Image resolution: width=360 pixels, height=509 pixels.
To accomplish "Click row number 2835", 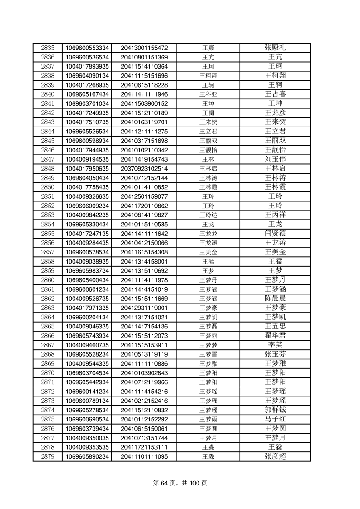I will [x=47, y=48].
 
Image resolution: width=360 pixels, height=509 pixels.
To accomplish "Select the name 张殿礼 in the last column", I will [x=275, y=48].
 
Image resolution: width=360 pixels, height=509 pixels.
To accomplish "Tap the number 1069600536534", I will [x=87, y=57].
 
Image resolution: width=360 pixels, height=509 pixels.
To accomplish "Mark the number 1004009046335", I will [x=87, y=326].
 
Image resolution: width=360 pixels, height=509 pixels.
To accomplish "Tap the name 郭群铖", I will [x=275, y=410].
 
